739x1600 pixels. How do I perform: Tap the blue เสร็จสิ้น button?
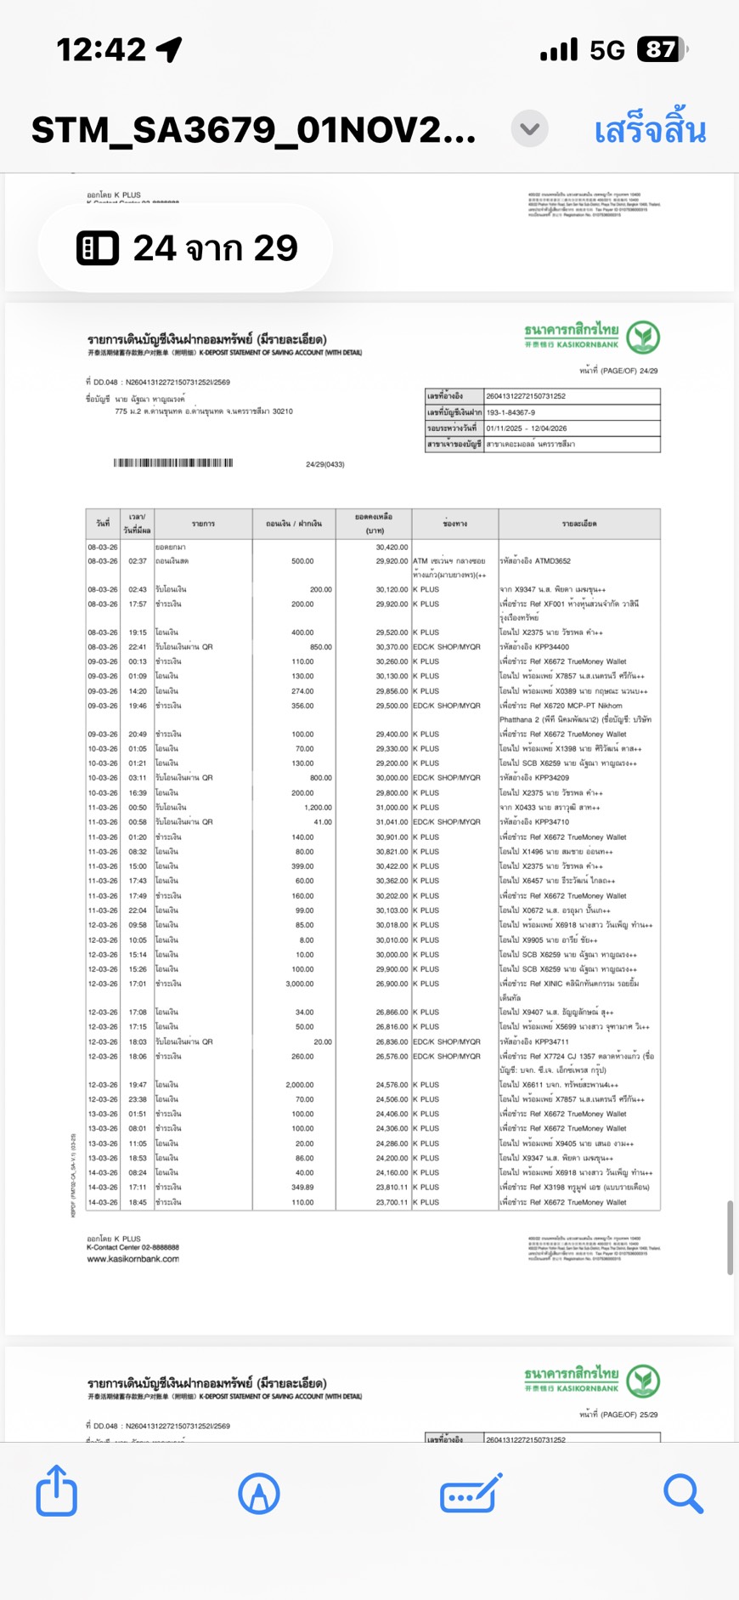650,130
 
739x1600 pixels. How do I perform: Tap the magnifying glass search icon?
683,1494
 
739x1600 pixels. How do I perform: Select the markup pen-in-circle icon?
259,1494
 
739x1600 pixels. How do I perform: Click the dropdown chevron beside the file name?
529,129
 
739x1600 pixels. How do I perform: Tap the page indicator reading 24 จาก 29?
186,248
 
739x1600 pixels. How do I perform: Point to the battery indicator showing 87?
662,50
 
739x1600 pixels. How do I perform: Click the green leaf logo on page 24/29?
643,338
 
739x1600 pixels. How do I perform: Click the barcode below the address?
173,463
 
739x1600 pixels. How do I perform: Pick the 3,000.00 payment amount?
299,984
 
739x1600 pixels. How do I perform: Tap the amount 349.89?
302,1187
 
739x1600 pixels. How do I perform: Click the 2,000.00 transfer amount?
299,1085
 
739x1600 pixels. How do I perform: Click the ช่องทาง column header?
454,524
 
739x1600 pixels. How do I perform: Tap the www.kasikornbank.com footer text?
133,1259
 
